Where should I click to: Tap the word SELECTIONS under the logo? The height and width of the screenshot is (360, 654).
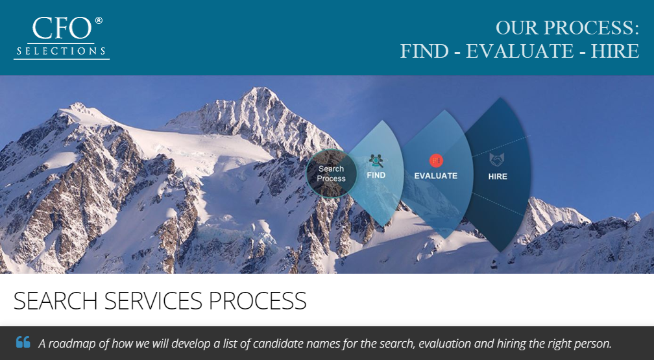point(61,51)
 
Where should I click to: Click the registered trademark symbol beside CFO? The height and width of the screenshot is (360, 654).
point(99,21)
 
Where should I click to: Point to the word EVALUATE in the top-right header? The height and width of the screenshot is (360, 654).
point(519,51)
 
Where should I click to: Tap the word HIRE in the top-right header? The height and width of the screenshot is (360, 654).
point(614,51)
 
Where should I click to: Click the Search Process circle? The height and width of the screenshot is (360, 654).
point(331,173)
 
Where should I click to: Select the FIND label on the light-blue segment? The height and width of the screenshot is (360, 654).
point(376,175)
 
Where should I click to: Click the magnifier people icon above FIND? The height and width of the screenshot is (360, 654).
point(376,160)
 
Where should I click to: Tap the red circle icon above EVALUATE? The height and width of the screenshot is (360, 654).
point(436,160)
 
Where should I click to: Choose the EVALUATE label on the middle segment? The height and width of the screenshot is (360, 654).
point(436,176)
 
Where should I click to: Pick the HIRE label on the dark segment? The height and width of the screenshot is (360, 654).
point(498,176)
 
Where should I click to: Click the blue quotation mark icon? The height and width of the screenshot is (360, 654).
point(23,342)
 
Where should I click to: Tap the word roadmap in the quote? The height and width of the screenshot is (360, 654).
point(71,343)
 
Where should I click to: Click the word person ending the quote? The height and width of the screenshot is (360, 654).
point(592,343)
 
